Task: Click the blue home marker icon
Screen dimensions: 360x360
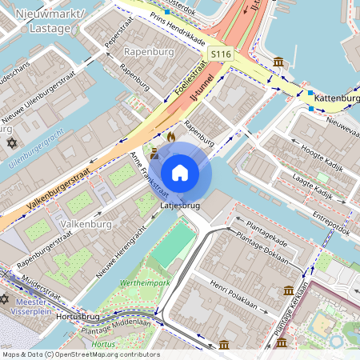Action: pos(179,172)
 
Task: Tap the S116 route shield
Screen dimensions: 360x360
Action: pos(222,54)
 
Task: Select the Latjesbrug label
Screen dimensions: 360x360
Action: pos(180,206)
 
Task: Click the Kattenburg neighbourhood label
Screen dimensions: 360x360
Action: pos(336,98)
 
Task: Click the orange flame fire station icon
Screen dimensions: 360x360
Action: pos(170,137)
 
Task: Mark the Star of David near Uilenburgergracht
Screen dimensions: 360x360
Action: pos(11,143)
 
